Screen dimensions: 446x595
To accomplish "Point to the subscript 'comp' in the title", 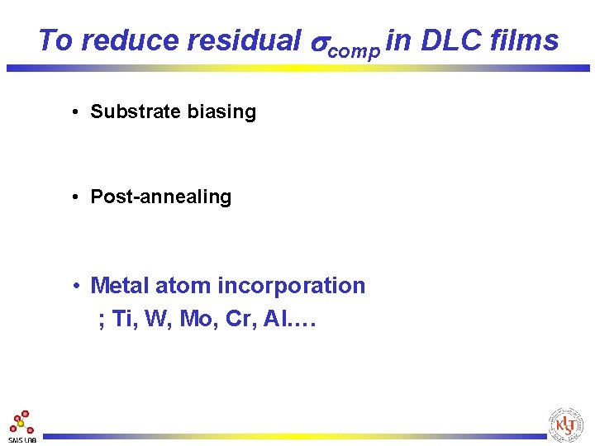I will coord(354,50).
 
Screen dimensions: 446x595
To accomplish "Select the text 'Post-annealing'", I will coord(160,197).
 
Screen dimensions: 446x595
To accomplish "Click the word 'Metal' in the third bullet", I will coord(118,286).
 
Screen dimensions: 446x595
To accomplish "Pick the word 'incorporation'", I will coord(291,286).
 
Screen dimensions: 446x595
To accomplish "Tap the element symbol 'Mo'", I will coord(194,319).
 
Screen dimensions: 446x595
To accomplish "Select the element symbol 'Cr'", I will coord(240,319).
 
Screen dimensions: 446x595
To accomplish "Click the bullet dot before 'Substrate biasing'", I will coord(75,112).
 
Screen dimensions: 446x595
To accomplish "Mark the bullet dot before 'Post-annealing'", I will coord(75,197).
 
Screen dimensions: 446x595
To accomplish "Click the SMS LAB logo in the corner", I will coord(22,425).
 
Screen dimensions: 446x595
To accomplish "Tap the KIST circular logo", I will coord(565,425).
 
